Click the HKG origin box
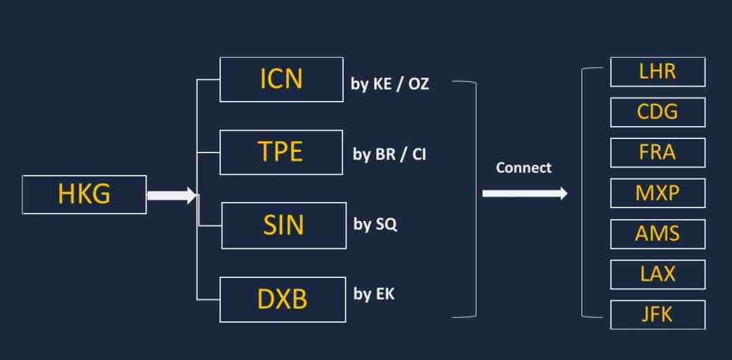point(85,195)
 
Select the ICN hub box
point(281,79)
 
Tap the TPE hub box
point(281,153)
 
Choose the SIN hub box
point(284,226)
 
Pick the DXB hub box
point(283,300)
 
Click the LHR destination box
point(657,72)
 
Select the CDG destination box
point(657,112)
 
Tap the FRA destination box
point(657,153)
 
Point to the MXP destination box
point(657,193)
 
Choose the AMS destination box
point(657,234)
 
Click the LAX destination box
point(657,275)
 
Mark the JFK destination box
point(657,315)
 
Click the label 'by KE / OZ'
point(390,85)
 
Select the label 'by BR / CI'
point(389,155)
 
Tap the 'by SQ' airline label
point(375,224)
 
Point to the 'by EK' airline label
point(374,294)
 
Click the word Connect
point(524,167)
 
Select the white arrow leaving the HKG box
point(171,196)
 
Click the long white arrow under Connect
point(525,193)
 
